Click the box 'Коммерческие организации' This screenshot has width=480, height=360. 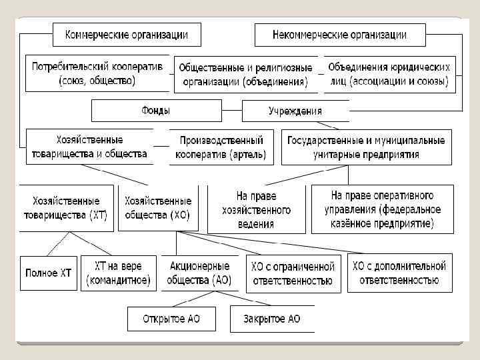(125, 34)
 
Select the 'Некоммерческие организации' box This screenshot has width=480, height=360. (339, 34)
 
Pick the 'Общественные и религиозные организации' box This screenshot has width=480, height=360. (245, 75)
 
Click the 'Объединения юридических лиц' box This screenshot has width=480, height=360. (389, 74)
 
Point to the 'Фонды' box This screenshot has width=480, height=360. (156, 110)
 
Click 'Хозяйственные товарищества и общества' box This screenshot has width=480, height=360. (89, 147)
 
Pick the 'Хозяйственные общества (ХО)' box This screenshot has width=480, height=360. (157, 208)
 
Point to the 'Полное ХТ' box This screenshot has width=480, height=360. (48, 273)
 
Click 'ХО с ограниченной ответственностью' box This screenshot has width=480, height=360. (292, 273)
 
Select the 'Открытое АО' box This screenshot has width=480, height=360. (171, 319)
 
